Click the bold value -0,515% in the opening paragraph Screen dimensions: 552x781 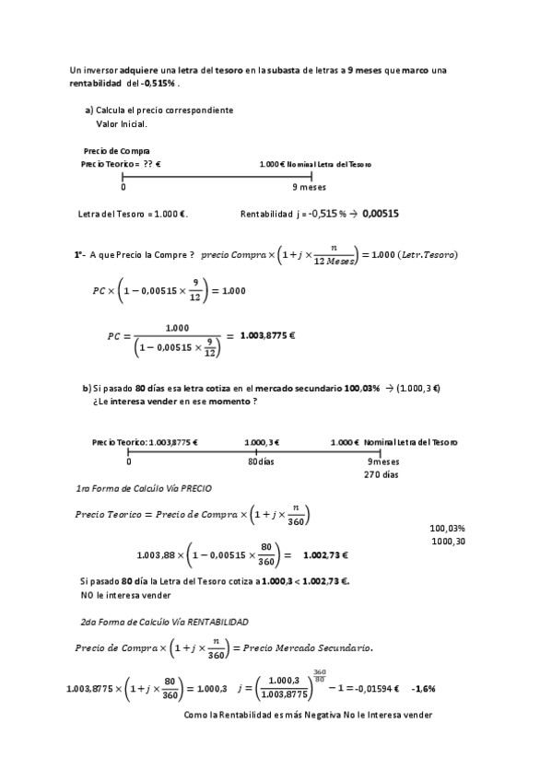click(x=159, y=83)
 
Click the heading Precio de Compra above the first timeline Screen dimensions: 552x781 click(x=116, y=151)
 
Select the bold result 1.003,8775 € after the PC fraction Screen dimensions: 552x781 click(x=267, y=335)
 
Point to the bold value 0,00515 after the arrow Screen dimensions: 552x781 click(x=381, y=214)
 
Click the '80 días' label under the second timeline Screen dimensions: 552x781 click(x=261, y=461)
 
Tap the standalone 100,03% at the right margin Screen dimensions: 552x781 click(x=447, y=529)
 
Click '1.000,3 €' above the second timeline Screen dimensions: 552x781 click(x=262, y=442)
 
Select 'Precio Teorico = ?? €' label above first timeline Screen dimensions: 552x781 click(x=121, y=164)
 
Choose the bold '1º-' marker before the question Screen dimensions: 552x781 click(x=80, y=254)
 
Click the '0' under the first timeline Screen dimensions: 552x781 click(x=123, y=186)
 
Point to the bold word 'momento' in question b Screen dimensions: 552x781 click(x=230, y=402)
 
